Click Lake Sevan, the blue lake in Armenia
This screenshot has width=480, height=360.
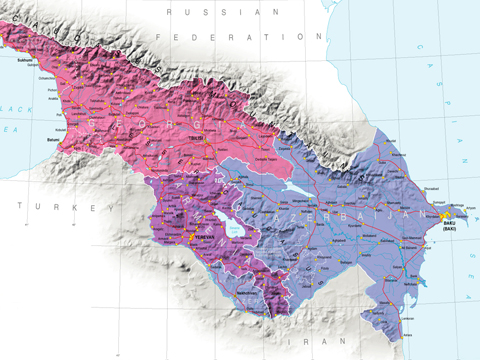pos(232,227)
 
